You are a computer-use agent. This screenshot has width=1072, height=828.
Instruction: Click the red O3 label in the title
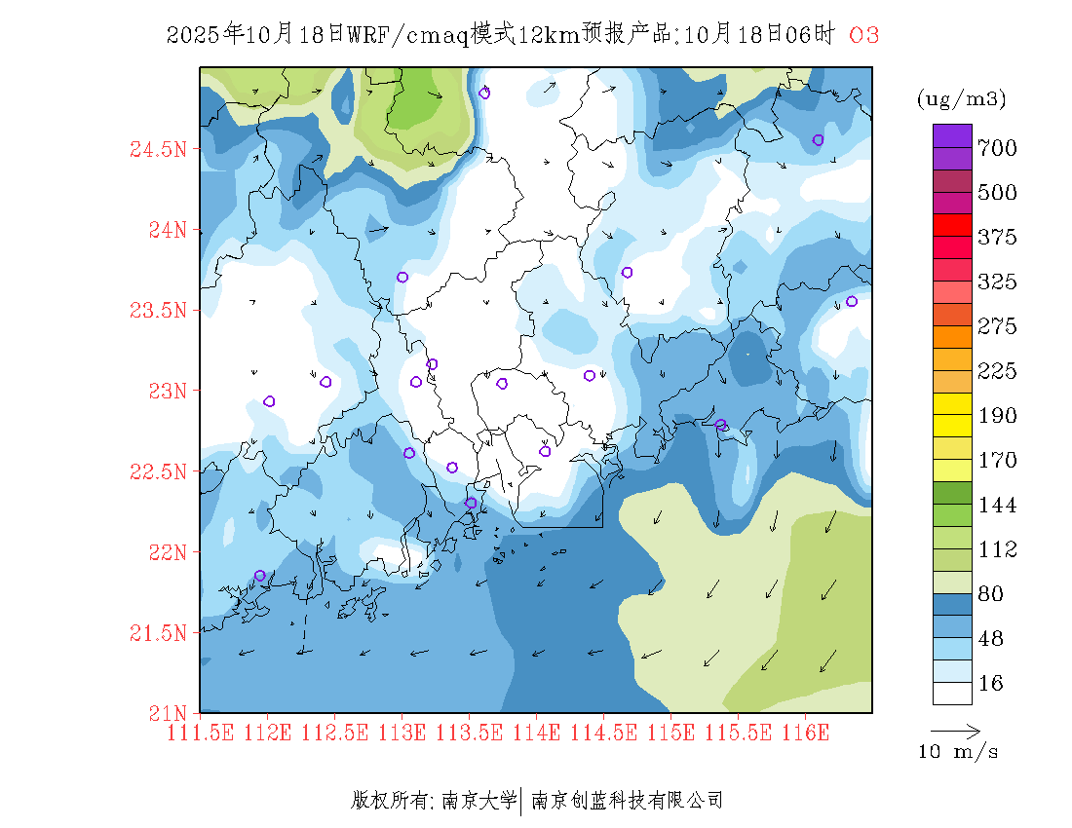point(864,35)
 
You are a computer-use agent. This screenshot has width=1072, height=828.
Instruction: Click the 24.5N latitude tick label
point(158,150)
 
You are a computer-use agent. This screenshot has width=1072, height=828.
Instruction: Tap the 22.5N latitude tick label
point(158,472)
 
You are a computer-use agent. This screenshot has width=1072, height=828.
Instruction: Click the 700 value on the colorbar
point(998,148)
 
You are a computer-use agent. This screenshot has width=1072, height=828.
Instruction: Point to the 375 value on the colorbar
point(998,238)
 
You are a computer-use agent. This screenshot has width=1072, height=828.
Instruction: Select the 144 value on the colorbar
point(998,506)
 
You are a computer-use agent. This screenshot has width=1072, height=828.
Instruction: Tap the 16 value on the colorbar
point(990,684)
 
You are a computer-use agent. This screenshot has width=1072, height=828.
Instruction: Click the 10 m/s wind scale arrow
point(955,730)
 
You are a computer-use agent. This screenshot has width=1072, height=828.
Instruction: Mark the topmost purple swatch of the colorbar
point(952,135)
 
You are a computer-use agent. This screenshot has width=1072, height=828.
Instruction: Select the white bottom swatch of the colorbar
point(952,693)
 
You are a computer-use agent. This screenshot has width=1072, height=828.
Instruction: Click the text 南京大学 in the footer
point(479,801)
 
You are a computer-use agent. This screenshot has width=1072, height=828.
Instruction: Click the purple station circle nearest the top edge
point(484,94)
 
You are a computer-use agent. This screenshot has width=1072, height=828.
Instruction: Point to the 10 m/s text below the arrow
point(959,752)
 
